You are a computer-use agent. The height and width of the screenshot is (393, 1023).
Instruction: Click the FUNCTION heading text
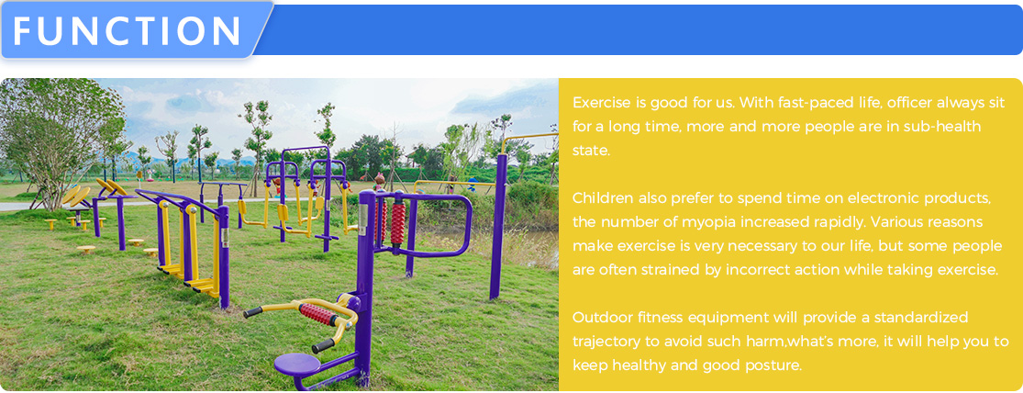coord(128,30)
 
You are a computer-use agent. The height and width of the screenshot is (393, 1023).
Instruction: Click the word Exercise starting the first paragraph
coord(602,103)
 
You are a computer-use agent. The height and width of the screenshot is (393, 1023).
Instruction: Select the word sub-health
coord(941,127)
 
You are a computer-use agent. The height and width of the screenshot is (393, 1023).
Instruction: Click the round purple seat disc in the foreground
coord(297,364)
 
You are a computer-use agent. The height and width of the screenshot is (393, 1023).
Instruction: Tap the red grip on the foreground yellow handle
coord(317,315)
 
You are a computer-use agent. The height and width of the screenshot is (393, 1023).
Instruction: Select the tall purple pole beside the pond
coord(499,226)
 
